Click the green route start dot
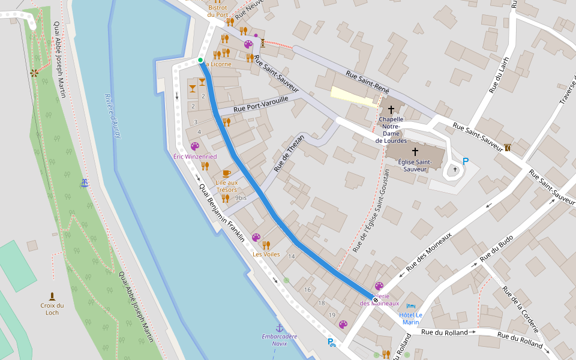tap(200, 60)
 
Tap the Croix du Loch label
tap(52, 308)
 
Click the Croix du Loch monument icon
tap(52, 296)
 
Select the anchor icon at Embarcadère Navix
tap(279, 328)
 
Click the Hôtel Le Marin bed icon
tap(411, 306)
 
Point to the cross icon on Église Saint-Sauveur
tap(415, 152)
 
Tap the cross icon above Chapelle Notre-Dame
tap(391, 110)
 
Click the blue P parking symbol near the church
tap(465, 162)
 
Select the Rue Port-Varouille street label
tap(261, 104)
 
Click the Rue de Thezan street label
tap(289, 154)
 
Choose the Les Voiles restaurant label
tap(266, 254)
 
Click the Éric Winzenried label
tap(195, 157)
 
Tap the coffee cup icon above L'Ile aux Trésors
tap(226, 173)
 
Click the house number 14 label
tap(292, 257)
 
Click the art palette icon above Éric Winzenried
tap(194, 146)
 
